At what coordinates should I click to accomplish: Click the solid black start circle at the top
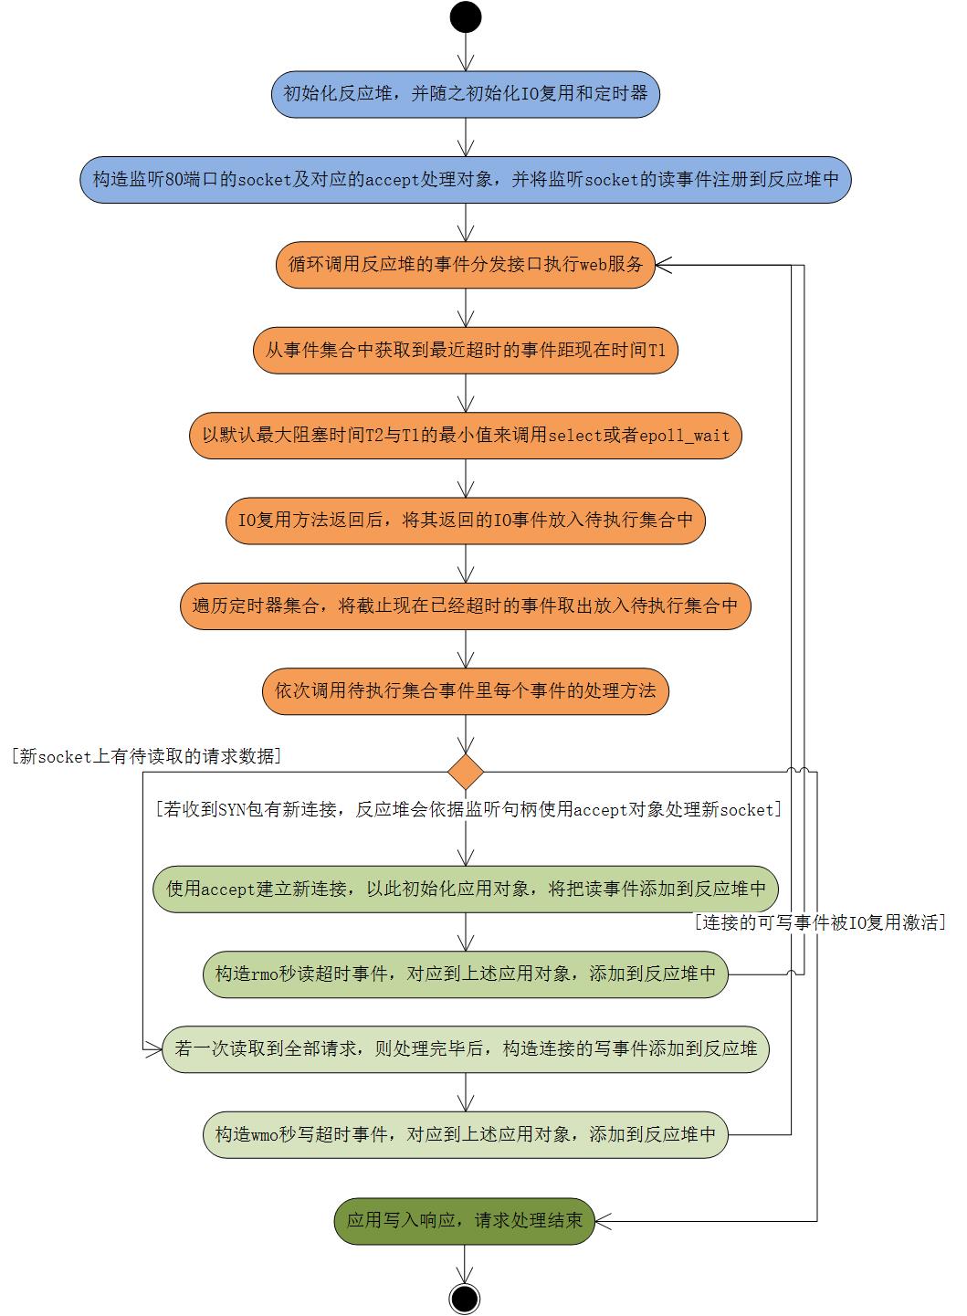click(466, 16)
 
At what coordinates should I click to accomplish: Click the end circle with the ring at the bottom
click(465, 1298)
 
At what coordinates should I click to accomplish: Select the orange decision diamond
click(466, 772)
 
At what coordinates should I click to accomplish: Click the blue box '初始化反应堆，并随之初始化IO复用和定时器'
click(466, 94)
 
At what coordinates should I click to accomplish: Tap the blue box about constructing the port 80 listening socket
click(466, 180)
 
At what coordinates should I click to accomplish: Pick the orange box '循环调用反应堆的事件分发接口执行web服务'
click(466, 265)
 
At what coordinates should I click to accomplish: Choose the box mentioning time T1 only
click(466, 350)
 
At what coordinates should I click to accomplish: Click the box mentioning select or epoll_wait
click(466, 435)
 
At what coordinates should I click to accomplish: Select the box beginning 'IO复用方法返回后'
click(466, 521)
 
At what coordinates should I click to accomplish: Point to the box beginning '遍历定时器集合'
click(466, 605)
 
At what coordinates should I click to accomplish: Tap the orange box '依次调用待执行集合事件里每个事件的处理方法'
click(466, 690)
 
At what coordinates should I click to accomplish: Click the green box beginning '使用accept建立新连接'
click(466, 889)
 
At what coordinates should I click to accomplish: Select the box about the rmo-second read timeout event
click(466, 974)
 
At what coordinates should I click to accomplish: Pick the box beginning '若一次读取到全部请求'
click(466, 1049)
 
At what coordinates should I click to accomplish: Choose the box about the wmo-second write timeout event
click(466, 1134)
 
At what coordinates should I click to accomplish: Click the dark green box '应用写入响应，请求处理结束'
click(465, 1220)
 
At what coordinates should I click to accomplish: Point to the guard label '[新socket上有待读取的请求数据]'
click(146, 756)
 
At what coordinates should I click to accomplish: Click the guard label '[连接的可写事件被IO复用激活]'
click(819, 922)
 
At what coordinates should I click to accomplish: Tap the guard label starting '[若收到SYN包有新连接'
click(468, 809)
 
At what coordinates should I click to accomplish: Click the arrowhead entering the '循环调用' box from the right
click(664, 265)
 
